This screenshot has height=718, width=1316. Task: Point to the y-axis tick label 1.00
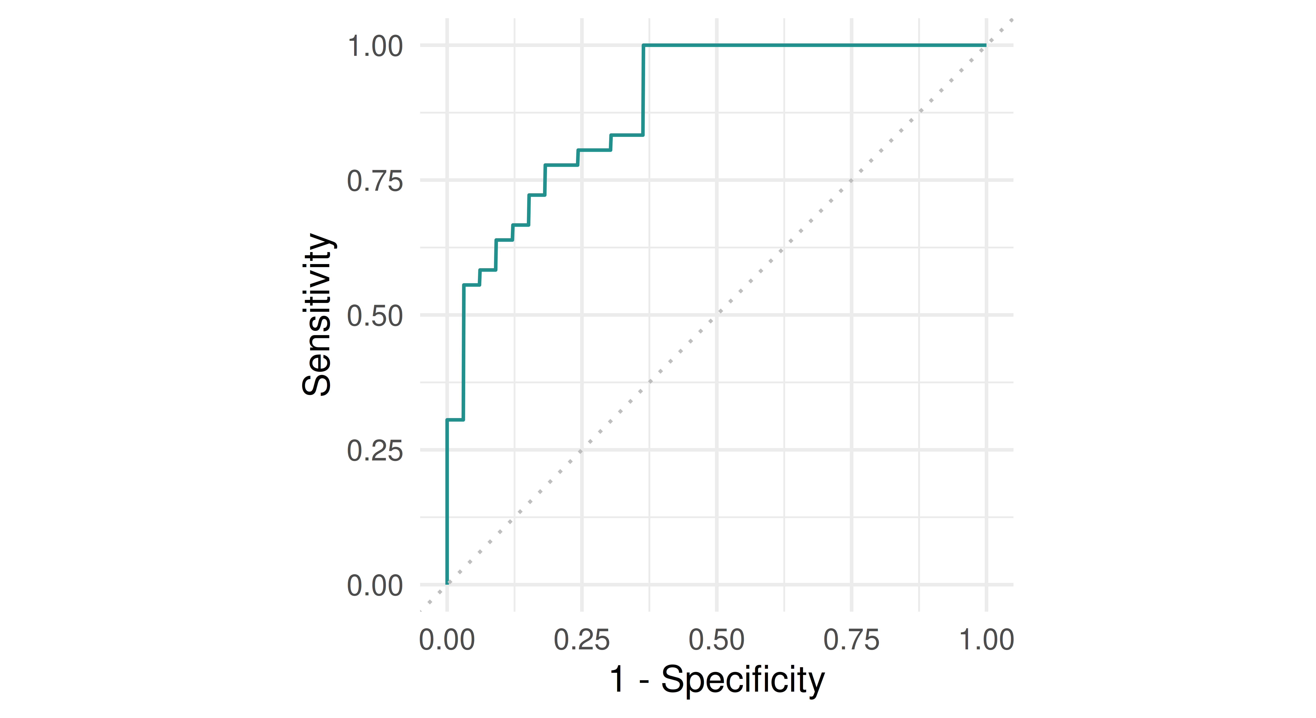click(375, 46)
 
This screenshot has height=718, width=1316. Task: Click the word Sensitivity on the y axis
click(317, 314)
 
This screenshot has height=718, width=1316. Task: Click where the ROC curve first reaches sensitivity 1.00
click(644, 45)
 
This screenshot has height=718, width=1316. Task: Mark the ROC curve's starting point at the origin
click(447, 584)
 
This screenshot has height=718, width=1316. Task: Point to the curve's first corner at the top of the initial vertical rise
click(447, 420)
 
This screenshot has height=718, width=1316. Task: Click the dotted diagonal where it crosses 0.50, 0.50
click(717, 315)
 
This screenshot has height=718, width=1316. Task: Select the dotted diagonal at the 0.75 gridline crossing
click(852, 180)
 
